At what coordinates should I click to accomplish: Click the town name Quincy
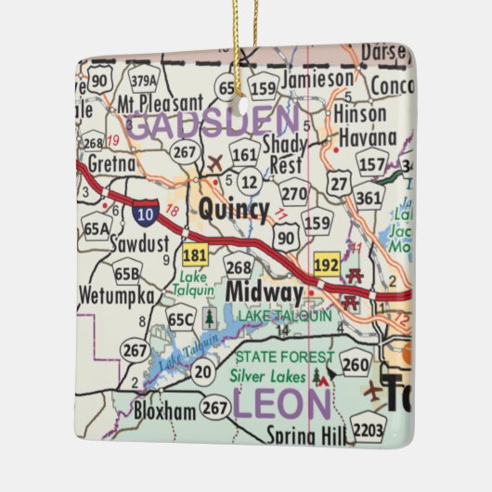(x=234, y=210)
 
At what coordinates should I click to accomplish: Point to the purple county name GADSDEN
(x=213, y=123)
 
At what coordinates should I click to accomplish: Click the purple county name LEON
(x=281, y=404)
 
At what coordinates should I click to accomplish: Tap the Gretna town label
(x=110, y=163)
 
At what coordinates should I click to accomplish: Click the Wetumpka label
(x=123, y=297)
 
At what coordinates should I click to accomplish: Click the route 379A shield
(x=144, y=81)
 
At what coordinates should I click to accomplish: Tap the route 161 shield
(x=244, y=154)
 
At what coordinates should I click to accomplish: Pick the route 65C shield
(x=181, y=319)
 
